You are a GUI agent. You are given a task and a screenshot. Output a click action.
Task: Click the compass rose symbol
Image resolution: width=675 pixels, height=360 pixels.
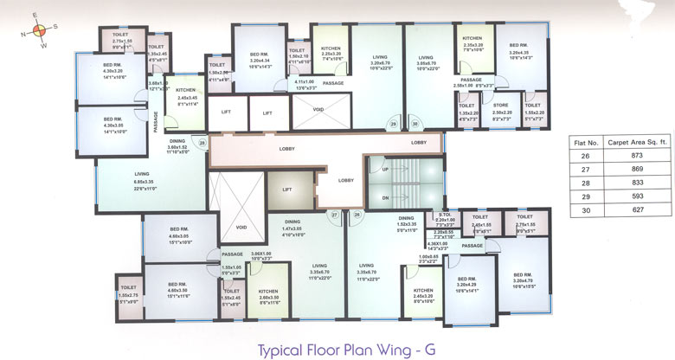36,29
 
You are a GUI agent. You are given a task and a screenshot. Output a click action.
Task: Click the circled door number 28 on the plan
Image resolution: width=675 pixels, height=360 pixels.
202,143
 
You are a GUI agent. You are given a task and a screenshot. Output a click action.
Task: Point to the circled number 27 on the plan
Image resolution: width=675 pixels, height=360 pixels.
334,214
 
